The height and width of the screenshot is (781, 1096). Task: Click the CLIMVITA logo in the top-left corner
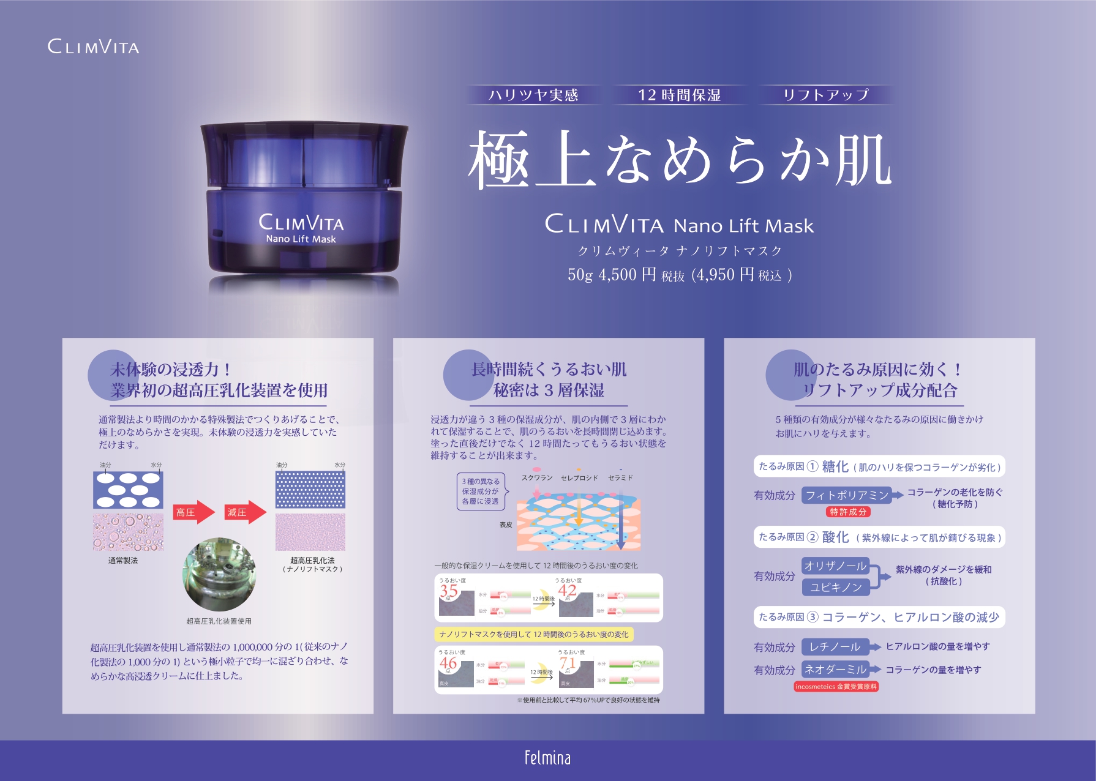(x=93, y=47)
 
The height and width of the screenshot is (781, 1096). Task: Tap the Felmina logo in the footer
(x=547, y=758)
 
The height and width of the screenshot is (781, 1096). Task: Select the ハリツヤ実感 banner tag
(x=533, y=95)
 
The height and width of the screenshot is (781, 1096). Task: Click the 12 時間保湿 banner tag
(x=679, y=95)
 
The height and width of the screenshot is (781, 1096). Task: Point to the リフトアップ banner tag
(x=825, y=95)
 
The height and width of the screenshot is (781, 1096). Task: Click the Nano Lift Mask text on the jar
(x=301, y=239)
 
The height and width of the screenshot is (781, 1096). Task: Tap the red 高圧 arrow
(x=192, y=512)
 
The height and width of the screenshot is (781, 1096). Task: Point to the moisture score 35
(x=449, y=591)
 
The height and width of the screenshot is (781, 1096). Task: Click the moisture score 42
(x=567, y=591)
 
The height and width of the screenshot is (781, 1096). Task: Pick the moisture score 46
(x=448, y=663)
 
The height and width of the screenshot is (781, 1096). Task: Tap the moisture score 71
(x=567, y=663)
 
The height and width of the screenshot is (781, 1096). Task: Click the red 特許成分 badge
(x=848, y=512)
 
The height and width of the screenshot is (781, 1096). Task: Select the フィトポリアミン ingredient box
(x=846, y=495)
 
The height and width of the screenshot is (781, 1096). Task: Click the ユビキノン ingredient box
(x=836, y=588)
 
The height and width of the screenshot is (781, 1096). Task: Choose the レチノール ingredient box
(x=835, y=647)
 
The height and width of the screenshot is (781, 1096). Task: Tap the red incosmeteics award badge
(x=836, y=687)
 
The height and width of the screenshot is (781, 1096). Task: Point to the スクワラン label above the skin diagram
(x=537, y=478)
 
